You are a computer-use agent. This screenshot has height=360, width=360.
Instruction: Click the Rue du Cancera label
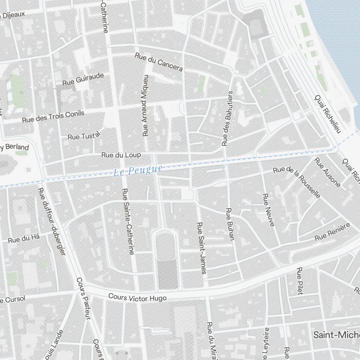(159, 62)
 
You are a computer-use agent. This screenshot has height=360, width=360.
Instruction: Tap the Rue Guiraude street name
(83, 79)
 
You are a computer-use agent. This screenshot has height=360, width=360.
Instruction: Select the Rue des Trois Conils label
(53, 116)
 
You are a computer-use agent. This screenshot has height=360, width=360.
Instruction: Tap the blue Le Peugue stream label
(138, 170)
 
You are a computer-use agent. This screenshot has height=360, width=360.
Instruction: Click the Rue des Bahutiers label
(228, 118)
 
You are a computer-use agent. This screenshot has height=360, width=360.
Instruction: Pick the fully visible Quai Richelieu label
(327, 114)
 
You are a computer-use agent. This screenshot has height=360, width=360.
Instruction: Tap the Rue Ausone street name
(327, 172)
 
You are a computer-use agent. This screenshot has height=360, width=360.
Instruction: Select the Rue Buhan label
(230, 224)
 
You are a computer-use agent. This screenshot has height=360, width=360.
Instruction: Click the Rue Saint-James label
(201, 248)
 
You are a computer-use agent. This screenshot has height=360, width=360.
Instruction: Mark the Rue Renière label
(332, 232)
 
